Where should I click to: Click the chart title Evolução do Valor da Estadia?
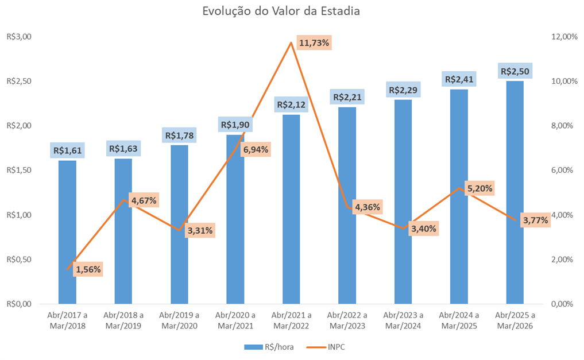(x=281, y=11)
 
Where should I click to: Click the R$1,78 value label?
(x=180, y=136)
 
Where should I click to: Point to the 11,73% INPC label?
(x=314, y=43)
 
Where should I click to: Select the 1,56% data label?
(x=88, y=269)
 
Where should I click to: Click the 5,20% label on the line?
(x=480, y=188)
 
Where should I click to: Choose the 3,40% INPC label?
(x=424, y=229)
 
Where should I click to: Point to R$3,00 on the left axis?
(x=19, y=37)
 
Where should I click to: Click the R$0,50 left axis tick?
(x=19, y=260)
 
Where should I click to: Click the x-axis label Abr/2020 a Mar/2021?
(x=235, y=320)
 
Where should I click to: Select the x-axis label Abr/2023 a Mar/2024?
(x=403, y=320)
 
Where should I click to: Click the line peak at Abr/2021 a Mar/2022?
(x=291, y=42)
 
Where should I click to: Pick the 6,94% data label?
(x=256, y=150)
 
